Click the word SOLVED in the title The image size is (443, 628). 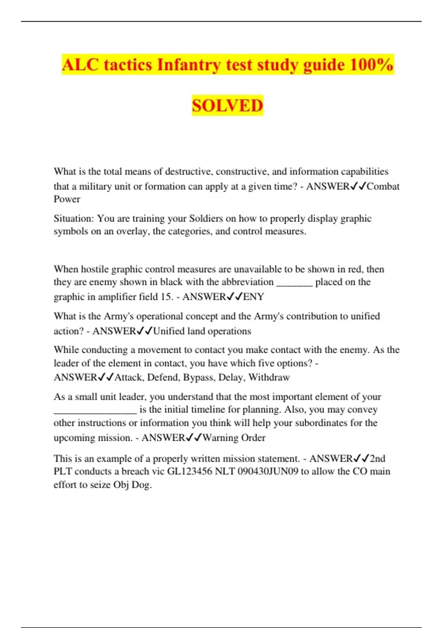point(227,105)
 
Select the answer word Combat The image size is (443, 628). point(383,186)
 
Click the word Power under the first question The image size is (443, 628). point(67,199)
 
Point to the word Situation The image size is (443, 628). point(74,218)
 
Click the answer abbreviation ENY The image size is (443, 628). point(254,297)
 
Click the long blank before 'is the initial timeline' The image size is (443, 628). point(95,410)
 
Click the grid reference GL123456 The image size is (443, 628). point(190,471)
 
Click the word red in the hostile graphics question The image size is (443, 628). point(355,269)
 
